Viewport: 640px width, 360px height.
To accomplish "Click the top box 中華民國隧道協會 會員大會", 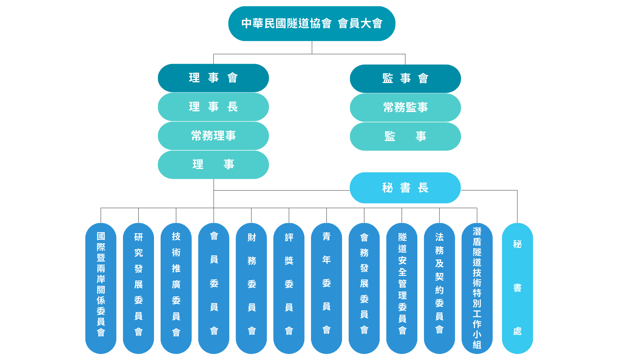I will pos(312,24).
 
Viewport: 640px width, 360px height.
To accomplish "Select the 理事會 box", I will pos(213,78).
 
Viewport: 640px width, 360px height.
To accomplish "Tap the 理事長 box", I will pos(213,107).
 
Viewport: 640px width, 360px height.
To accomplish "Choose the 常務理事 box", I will pos(213,136).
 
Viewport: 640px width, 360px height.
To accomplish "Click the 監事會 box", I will pos(405,79).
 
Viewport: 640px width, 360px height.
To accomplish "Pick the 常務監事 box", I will pos(405,107).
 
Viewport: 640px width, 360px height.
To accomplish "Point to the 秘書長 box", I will pos(405,188).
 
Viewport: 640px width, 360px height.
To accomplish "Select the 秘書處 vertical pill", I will pos(517,288).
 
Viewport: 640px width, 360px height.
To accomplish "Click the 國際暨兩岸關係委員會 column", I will pos(101,288).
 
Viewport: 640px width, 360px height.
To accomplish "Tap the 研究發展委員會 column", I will pos(138,288).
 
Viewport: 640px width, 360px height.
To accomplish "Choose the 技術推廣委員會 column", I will pos(176,288).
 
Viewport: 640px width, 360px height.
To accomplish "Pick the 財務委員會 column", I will pos(251,288).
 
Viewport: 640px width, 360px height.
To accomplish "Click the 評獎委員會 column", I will pos(289,288).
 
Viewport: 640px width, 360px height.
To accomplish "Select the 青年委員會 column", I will pos(327,288).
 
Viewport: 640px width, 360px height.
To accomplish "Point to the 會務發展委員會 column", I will pos(364,288).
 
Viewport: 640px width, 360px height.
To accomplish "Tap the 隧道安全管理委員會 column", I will pos(402,288).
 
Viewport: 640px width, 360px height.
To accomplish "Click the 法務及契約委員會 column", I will pos(439,288).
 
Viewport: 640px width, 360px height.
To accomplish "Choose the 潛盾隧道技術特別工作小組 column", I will pos(477,288).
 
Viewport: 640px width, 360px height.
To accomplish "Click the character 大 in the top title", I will pos(366,24).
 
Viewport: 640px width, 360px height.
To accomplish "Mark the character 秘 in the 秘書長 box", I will pos(387,188).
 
